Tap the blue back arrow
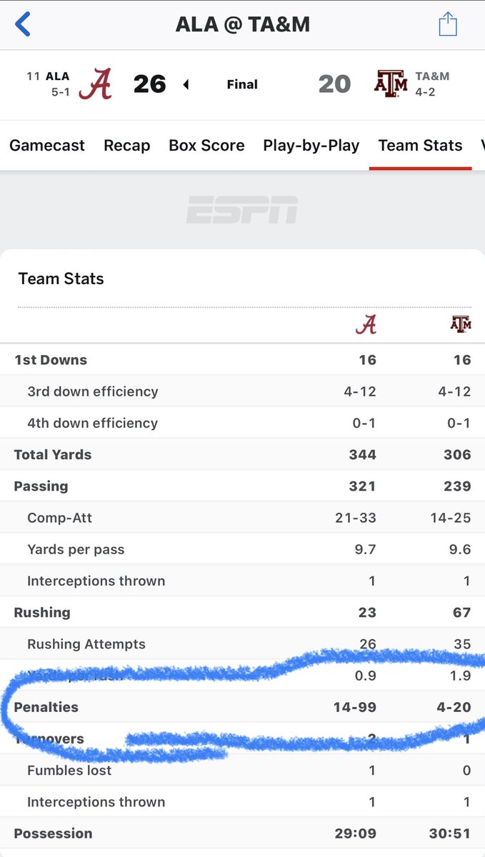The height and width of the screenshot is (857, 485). (23, 24)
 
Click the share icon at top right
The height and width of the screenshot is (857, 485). (448, 24)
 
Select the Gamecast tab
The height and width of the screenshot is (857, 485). (47, 146)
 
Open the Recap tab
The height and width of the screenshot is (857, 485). (127, 146)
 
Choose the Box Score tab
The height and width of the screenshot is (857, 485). (206, 146)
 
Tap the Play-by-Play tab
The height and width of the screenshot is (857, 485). (311, 146)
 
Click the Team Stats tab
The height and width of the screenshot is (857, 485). (420, 146)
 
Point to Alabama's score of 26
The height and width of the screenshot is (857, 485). (150, 84)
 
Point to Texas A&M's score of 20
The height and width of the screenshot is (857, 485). (334, 84)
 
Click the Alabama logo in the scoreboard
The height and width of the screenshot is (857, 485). (95, 84)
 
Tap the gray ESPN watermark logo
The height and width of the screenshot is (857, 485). (242, 210)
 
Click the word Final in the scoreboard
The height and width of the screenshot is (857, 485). (242, 84)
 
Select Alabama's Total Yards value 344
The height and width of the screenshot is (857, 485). (362, 455)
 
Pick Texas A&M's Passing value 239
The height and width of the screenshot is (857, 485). (456, 486)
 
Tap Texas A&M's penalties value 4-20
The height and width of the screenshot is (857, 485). (453, 707)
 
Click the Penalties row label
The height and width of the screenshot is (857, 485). (46, 707)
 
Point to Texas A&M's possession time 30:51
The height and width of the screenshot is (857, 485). (450, 833)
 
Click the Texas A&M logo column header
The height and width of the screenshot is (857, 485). (461, 325)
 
